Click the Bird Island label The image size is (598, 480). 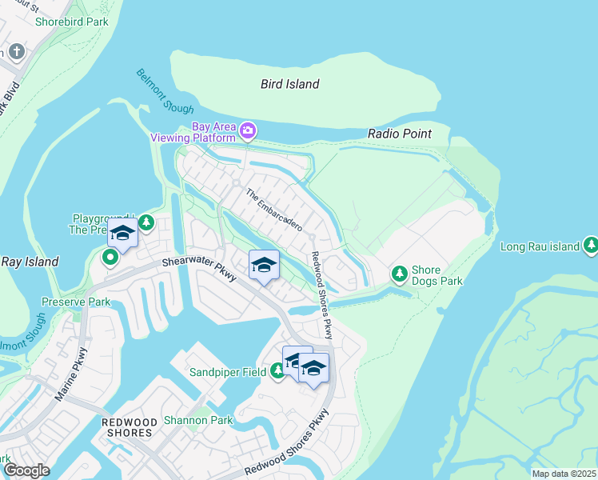coord(289,84)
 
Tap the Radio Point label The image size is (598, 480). coord(399,134)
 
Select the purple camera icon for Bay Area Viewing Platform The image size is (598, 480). coord(248,130)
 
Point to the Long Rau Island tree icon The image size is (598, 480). coord(591,246)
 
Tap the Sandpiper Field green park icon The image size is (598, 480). coord(277,370)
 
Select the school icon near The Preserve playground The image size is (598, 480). coord(122,233)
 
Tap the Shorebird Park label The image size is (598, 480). coord(72,22)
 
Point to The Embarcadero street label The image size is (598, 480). coord(273,210)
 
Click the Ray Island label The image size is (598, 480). coord(30,262)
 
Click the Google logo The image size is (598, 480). coord(26,470)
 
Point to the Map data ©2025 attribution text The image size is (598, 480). coord(564,474)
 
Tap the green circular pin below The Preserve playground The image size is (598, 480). coord(110,258)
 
